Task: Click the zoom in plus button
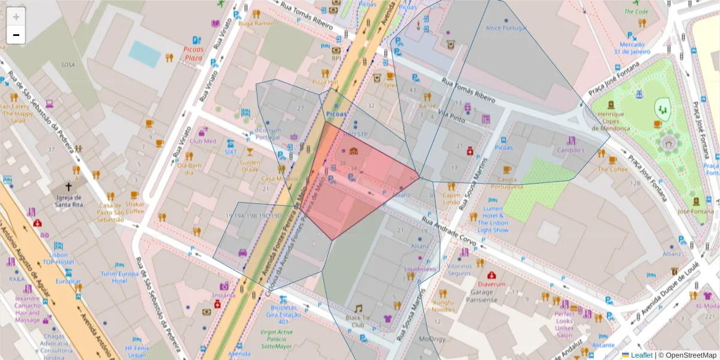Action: click(16, 17)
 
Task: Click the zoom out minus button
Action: click(16, 35)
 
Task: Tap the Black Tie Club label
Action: click(358, 321)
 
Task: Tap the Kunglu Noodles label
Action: click(443, 305)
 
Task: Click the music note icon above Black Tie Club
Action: click(358, 308)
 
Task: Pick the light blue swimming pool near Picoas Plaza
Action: click(145, 53)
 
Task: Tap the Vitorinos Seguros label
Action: click(460, 269)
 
